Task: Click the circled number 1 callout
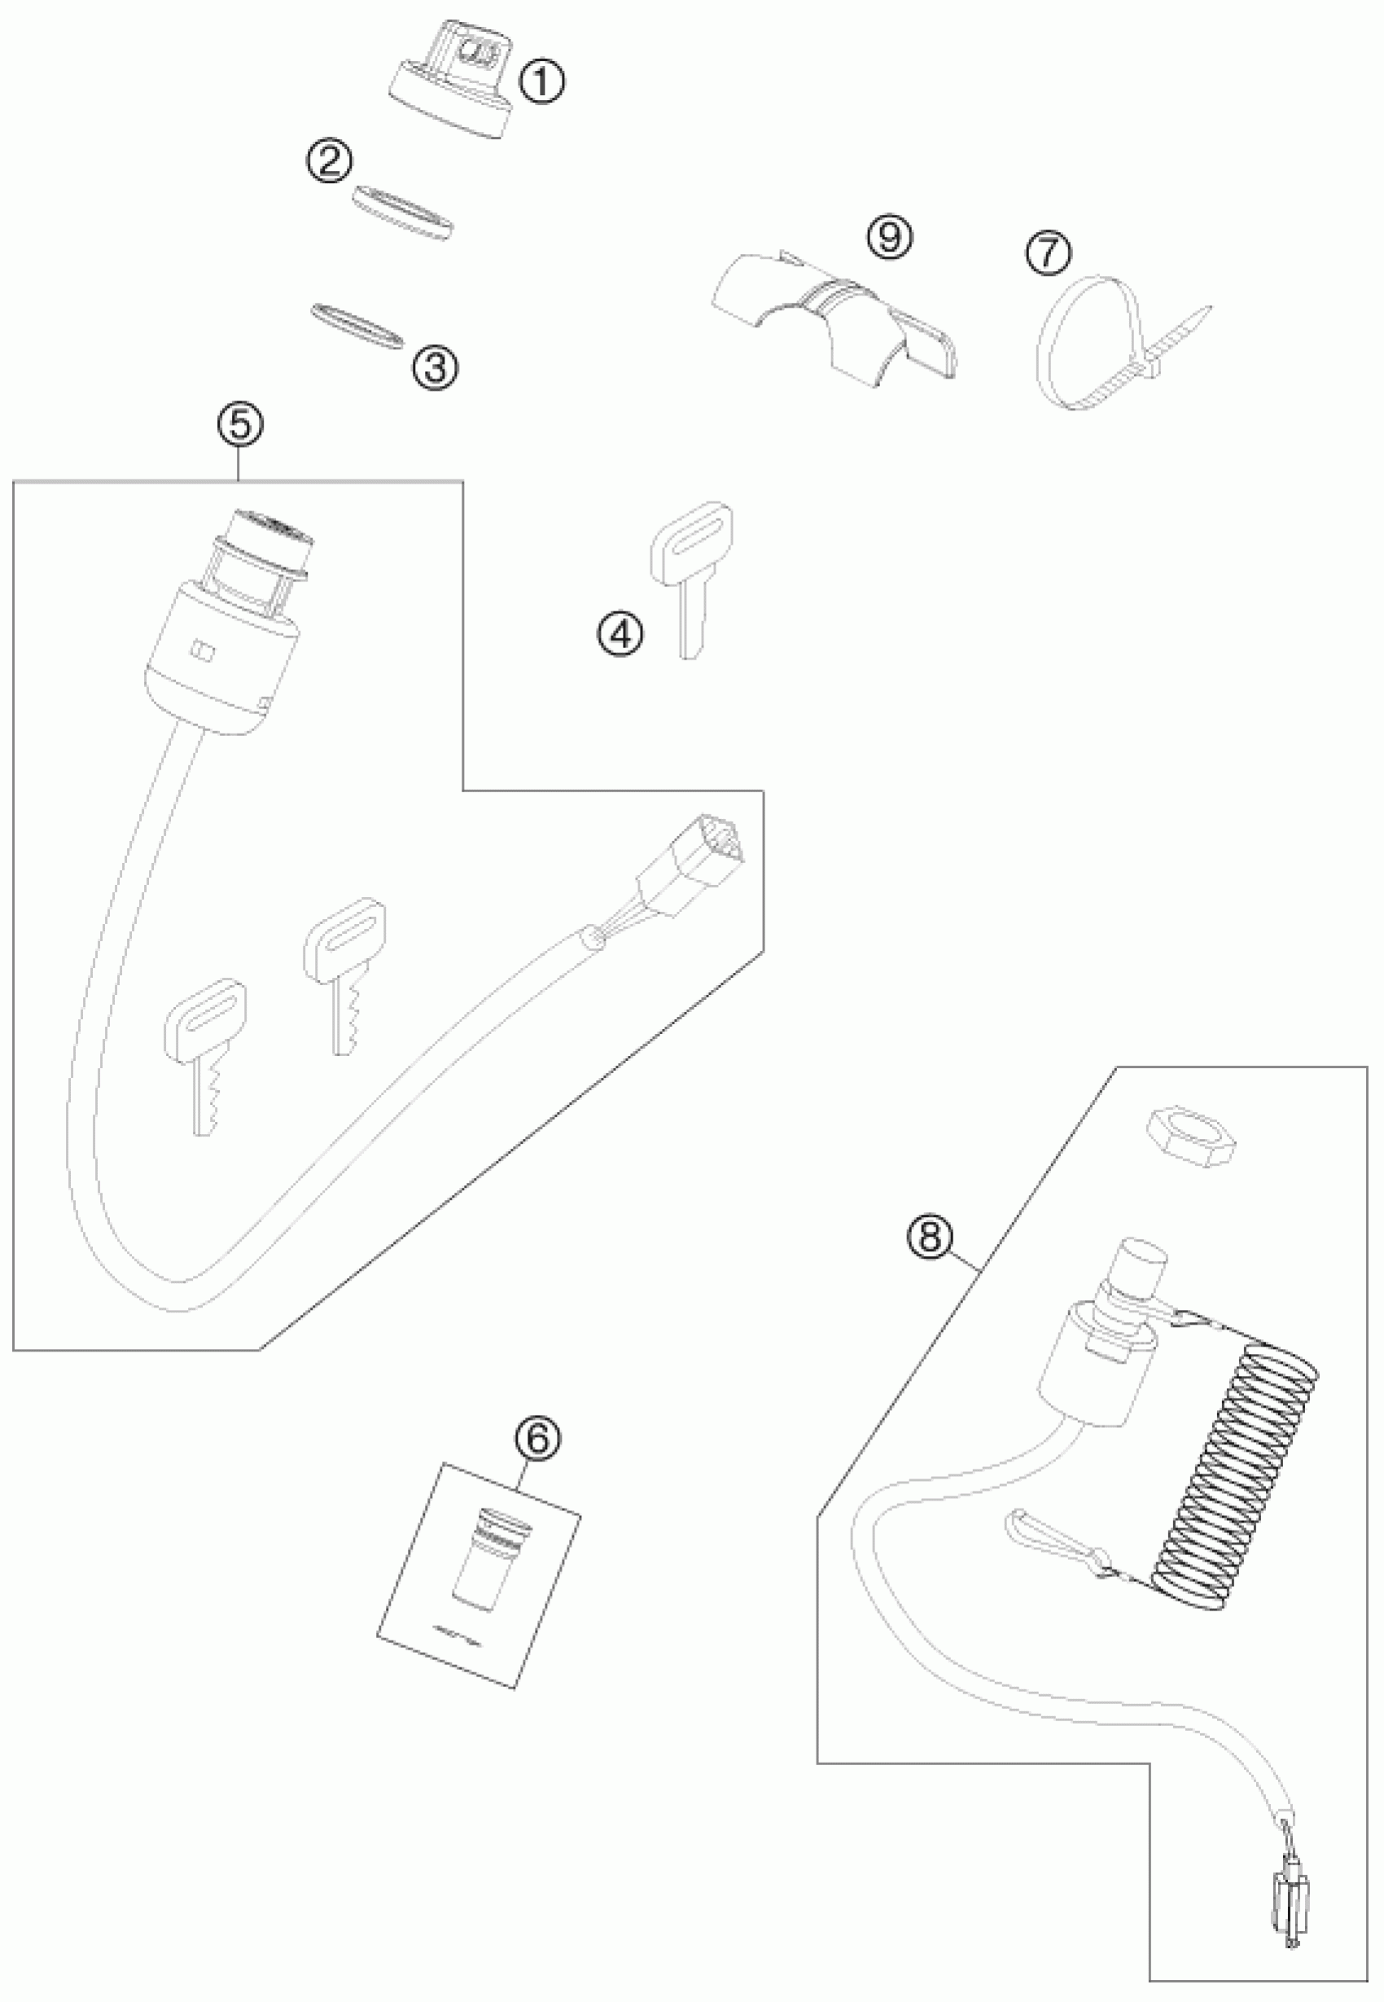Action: click(541, 83)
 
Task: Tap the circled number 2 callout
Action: click(330, 161)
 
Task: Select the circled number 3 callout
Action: click(435, 368)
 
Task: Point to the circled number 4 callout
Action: click(620, 635)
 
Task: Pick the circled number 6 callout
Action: click(537, 1439)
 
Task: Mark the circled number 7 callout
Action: click(1048, 252)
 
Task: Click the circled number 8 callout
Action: click(929, 1238)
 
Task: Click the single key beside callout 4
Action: click(691, 572)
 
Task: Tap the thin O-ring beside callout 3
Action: click(357, 326)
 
